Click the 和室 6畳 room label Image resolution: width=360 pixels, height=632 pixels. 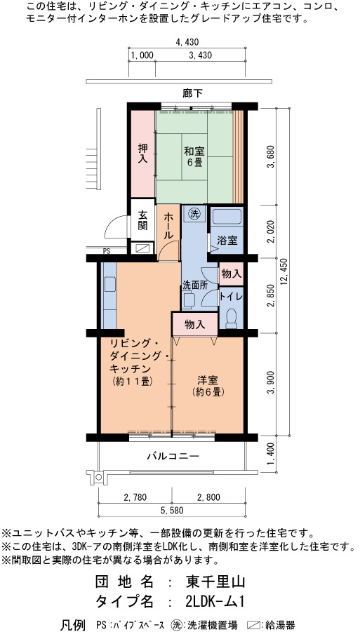pos(194,157)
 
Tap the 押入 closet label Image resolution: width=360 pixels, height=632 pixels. pos(142,154)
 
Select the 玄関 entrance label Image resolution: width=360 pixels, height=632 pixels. pos(142,220)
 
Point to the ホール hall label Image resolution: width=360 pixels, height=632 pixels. pos(168,226)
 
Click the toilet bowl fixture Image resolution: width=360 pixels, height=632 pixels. pos(231,318)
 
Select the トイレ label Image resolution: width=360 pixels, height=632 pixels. pos(231,296)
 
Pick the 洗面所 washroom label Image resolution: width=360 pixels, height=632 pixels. pos(195,285)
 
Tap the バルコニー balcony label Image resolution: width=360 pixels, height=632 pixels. pos(173,457)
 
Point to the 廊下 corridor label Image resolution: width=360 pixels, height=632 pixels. pos(192,93)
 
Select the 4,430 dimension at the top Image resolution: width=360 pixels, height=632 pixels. pos(188,41)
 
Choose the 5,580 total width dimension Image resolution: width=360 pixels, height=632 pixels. pos(172,510)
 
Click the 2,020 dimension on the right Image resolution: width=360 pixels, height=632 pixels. pos(274,231)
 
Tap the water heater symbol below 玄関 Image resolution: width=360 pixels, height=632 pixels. pos(142,249)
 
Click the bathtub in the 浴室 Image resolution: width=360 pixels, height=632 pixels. pos(227,217)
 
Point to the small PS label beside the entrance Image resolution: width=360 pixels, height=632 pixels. pos(107,252)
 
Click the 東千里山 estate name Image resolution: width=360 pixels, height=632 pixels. pos(215,582)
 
